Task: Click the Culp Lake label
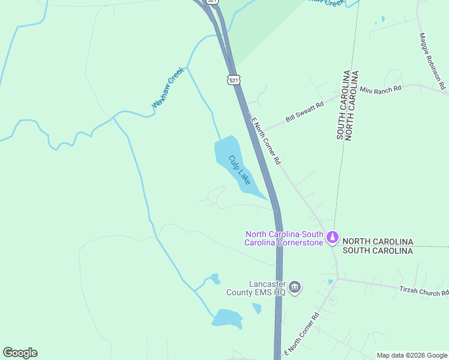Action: pyautogui.click(x=240, y=170)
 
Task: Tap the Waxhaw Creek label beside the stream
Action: pyautogui.click(x=167, y=88)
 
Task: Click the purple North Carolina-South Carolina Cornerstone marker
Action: pyautogui.click(x=332, y=238)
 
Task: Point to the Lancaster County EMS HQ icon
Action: pyautogui.click(x=295, y=287)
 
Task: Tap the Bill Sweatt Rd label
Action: pyautogui.click(x=304, y=112)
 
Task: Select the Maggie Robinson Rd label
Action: pyautogui.click(x=432, y=61)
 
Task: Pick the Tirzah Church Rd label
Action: pyautogui.click(x=424, y=290)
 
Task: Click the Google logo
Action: pyautogui.click(x=20, y=353)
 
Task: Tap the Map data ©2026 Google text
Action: pyautogui.click(x=412, y=355)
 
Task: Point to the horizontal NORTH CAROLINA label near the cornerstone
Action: pyautogui.click(x=378, y=241)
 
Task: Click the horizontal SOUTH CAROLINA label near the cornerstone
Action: pyautogui.click(x=378, y=251)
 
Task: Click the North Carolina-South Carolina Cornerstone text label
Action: pyautogui.click(x=285, y=238)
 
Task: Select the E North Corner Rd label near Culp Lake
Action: pyautogui.click(x=266, y=142)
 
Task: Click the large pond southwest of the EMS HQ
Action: pyautogui.click(x=227, y=317)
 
